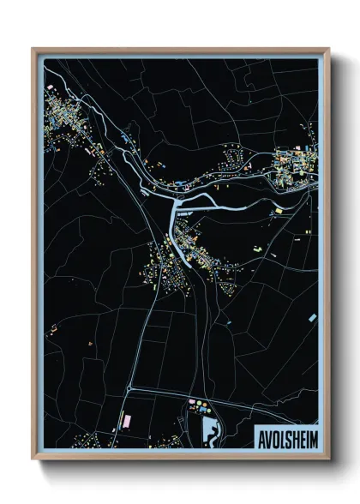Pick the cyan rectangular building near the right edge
277,209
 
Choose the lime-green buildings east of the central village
256,248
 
